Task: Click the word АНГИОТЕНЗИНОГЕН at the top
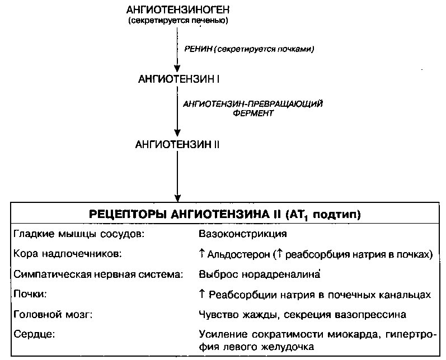click(x=178, y=10)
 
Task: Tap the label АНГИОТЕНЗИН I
click(x=179, y=79)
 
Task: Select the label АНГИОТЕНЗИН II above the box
click(x=177, y=145)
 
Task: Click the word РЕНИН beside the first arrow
click(x=198, y=49)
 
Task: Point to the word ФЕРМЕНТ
click(x=253, y=113)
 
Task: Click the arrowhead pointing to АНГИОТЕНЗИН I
click(x=177, y=68)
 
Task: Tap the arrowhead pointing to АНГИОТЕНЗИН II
click(x=177, y=132)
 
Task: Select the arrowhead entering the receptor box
click(x=177, y=198)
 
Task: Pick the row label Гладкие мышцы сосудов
click(x=79, y=234)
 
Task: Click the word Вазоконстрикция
click(x=243, y=234)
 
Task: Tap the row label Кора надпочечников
click(x=67, y=254)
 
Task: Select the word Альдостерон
click(x=238, y=254)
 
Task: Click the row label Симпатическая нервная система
click(x=98, y=274)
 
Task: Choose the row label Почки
click(x=30, y=294)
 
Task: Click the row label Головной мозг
click(x=53, y=314)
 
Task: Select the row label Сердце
click(x=34, y=334)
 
